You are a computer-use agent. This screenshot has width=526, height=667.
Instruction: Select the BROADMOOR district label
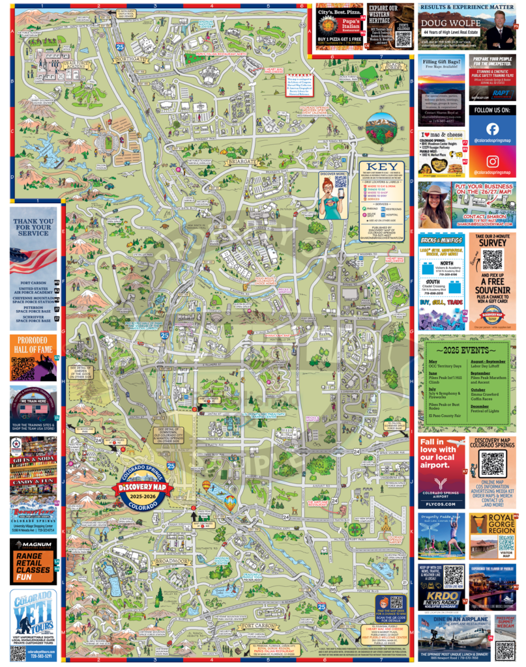[x=170, y=560]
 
